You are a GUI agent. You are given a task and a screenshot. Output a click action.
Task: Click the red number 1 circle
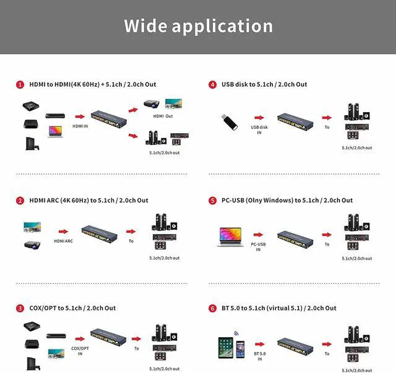click(20, 84)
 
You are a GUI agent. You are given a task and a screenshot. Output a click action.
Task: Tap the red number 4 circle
click(212, 84)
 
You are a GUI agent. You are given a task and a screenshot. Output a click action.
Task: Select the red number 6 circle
click(212, 308)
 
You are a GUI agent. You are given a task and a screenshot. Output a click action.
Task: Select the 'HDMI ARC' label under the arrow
click(64, 241)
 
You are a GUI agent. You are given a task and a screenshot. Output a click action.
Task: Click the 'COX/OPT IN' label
click(80, 351)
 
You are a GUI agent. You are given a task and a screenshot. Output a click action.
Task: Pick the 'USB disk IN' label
click(259, 129)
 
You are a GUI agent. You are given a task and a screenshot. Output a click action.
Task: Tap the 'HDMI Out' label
click(163, 116)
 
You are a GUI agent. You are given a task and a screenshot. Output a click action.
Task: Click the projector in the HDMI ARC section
click(32, 245)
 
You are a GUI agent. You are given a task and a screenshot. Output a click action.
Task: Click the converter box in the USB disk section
click(293, 119)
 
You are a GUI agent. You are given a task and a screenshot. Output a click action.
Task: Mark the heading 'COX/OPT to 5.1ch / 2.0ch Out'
click(72, 308)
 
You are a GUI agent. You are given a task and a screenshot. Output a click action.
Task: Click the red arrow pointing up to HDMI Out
click(132, 109)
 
